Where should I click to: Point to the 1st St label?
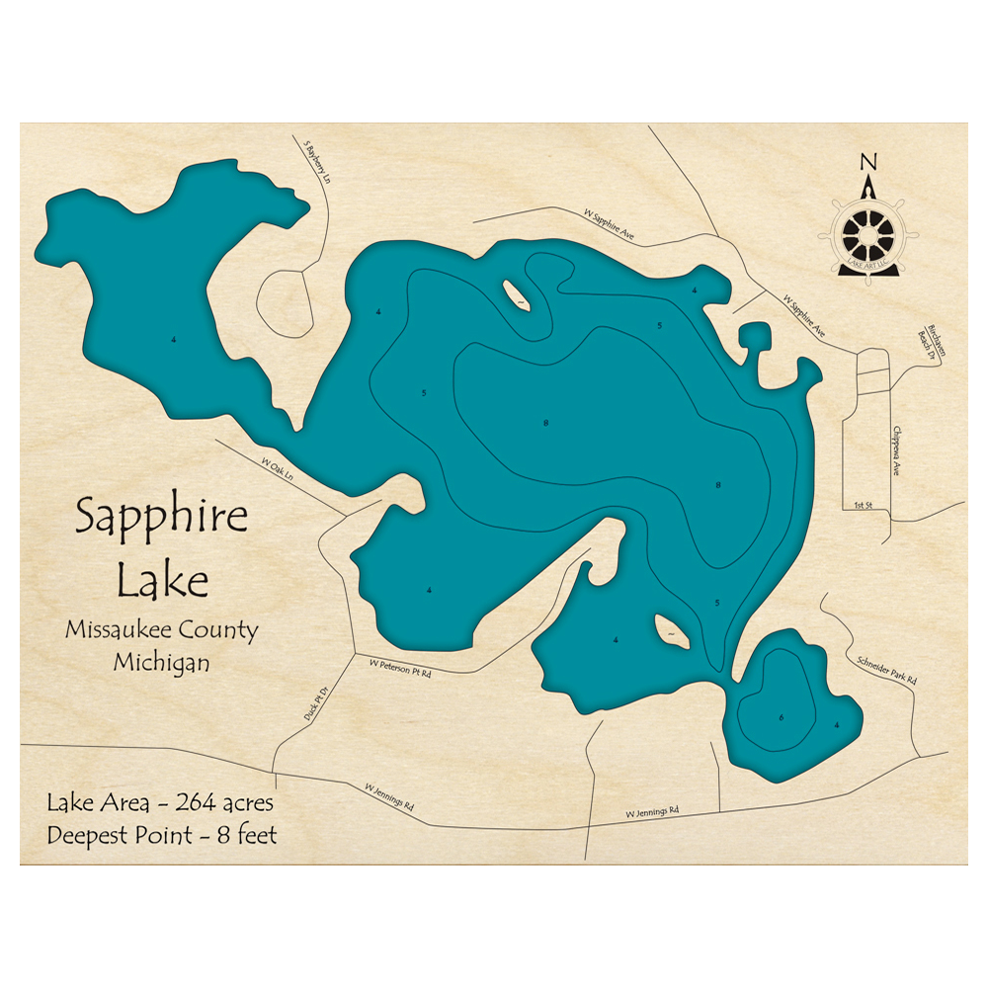click(x=864, y=506)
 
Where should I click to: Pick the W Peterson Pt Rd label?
click(x=400, y=669)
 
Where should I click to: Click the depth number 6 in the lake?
click(x=781, y=716)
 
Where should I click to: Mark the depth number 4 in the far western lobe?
click(x=174, y=340)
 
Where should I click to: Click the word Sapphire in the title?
click(x=162, y=518)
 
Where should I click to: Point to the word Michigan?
click(x=161, y=662)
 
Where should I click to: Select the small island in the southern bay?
click(x=671, y=631)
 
